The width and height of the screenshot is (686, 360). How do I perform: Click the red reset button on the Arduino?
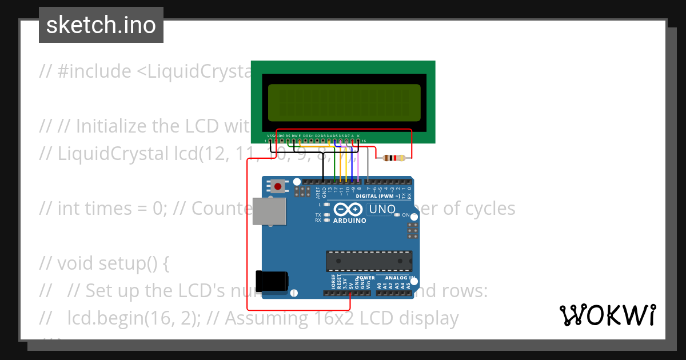point(278,186)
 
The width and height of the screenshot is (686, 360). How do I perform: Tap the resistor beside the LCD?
point(393,158)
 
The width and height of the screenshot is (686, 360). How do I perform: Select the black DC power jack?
point(272,281)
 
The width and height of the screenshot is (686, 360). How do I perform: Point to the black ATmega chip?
point(369,261)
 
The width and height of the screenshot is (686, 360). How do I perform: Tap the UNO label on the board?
point(382,209)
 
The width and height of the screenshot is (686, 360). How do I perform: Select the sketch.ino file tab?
point(101,25)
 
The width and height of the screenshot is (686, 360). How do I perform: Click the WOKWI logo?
point(607,315)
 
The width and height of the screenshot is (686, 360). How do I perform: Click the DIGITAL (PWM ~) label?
point(378,196)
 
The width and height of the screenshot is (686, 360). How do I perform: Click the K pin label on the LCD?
point(358,136)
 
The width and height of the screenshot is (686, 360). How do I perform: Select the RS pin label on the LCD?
point(288,136)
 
